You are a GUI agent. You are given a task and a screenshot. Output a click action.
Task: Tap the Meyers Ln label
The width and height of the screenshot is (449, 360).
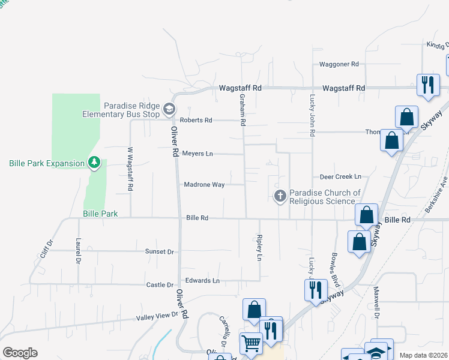197,154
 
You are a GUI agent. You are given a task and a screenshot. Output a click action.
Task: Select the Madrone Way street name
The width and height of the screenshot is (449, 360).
204,185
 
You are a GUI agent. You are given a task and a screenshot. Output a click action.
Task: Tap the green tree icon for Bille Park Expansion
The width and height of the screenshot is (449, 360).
94,163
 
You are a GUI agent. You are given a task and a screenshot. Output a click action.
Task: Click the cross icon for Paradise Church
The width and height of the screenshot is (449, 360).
280,196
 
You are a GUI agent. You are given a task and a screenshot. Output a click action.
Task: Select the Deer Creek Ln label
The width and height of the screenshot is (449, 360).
340,177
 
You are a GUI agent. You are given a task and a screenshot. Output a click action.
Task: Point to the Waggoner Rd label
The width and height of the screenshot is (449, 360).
339,64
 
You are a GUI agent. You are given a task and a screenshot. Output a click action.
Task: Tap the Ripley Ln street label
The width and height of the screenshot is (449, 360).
260,248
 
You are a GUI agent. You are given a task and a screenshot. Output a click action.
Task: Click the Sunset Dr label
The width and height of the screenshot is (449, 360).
160,252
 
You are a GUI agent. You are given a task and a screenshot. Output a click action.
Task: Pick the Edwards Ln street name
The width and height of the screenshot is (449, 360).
202,280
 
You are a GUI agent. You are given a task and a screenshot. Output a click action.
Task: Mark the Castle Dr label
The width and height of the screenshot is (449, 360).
160,284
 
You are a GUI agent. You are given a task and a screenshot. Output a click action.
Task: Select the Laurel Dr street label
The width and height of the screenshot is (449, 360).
78,251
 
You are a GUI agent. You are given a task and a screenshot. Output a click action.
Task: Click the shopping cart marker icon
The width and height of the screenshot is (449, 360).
251,344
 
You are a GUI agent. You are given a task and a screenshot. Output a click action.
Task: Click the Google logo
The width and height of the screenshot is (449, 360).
20,353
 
